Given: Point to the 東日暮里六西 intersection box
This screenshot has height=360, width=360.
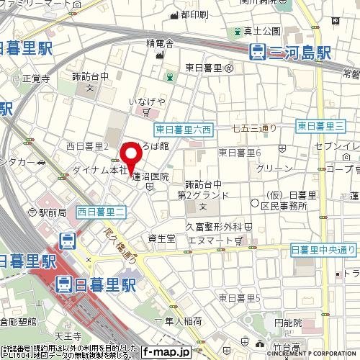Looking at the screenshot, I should click(184, 130).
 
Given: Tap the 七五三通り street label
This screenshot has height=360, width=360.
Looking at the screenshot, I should click(254, 129).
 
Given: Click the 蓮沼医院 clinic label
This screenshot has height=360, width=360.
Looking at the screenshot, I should click(150, 176).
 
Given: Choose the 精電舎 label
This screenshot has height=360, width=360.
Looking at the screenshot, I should click(159, 43).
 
